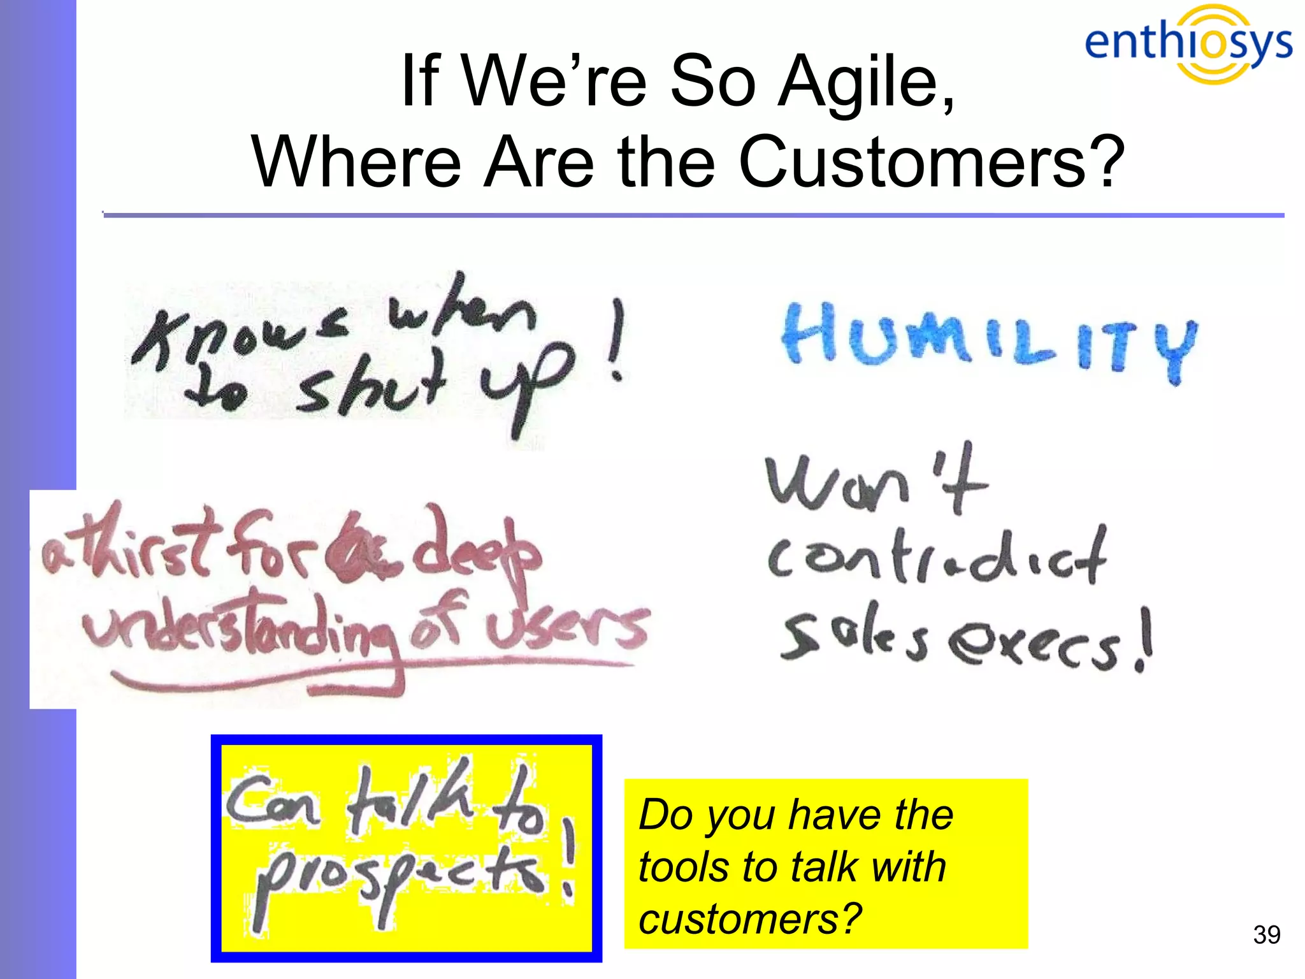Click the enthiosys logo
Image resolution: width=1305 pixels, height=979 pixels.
pyautogui.click(x=1188, y=43)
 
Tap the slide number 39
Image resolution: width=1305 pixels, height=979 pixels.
pyautogui.click(x=1266, y=934)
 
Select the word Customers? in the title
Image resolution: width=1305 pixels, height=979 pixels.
pyautogui.click(x=931, y=162)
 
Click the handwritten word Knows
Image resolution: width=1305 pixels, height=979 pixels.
pyautogui.click(x=239, y=338)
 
